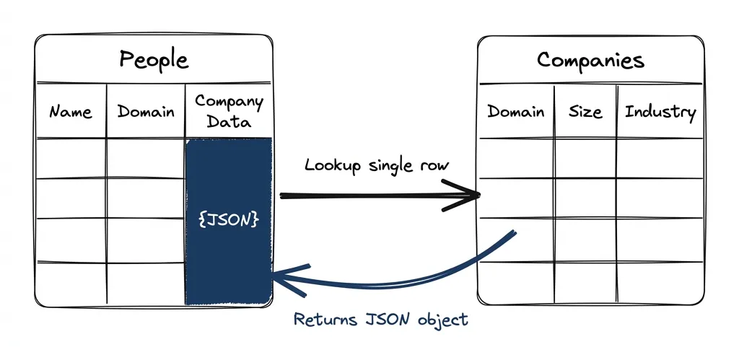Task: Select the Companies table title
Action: coord(590,60)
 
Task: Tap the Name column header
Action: coord(71,112)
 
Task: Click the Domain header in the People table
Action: coord(146,112)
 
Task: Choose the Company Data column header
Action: coord(229,111)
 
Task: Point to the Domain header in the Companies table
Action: coord(515,112)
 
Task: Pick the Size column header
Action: coord(585,112)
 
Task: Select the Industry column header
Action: coord(660,112)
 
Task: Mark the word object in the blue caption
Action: coord(442,320)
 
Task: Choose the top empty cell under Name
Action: coord(71,158)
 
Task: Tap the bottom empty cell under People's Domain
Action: coord(146,283)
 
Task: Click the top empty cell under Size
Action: coord(585,158)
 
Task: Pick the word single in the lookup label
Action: coord(390,166)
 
